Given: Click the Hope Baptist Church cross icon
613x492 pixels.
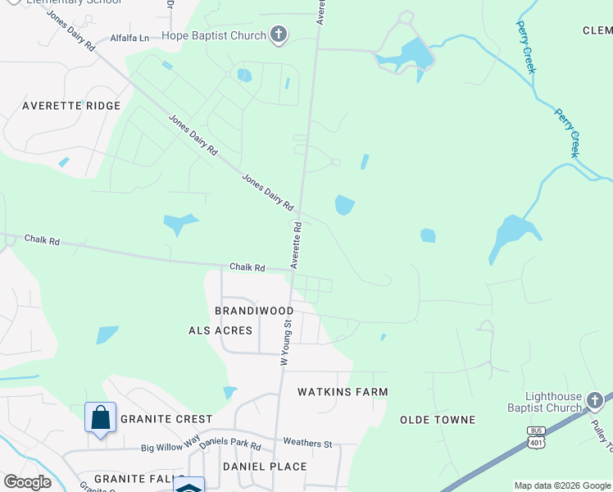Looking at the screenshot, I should pos(279,35).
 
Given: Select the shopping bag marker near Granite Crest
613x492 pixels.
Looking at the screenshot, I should pos(100,417).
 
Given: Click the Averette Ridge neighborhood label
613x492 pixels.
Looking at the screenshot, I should pos(71,106).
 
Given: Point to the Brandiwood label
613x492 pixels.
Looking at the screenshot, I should pos(254,311).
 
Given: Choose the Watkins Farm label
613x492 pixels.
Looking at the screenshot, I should pos(343,392).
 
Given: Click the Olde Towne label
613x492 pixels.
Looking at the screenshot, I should pos(438,420).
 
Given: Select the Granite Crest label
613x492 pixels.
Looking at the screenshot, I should pos(166,419).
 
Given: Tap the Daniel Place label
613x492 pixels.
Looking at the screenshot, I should pos(265,467).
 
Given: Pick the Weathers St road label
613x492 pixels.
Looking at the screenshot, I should pos(307,444).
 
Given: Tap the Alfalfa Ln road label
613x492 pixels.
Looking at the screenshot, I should pos(130,38).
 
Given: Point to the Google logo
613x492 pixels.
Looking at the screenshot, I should pos(27,482).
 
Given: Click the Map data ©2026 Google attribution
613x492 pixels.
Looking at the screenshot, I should pos(562,485).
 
